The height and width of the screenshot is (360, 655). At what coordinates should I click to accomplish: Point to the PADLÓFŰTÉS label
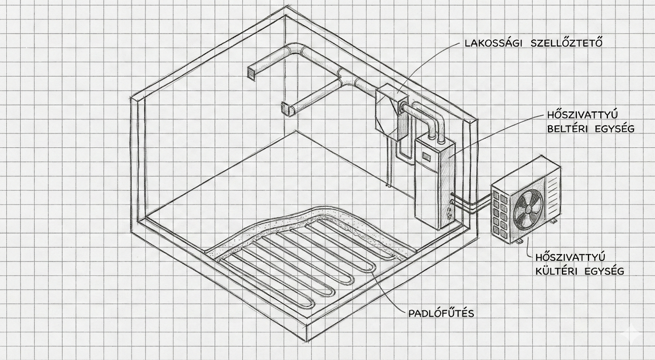[441, 313]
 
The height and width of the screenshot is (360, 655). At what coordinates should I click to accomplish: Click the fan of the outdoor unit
[529, 209]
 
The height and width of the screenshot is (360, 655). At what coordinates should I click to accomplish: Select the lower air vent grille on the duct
[286, 109]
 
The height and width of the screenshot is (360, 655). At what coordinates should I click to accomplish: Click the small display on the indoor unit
[426, 157]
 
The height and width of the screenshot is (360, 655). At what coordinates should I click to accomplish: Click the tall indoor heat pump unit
[435, 184]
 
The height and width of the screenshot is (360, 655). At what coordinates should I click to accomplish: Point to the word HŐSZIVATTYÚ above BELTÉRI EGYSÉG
[582, 115]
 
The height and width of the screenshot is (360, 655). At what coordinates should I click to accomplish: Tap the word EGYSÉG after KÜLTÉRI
[604, 271]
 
